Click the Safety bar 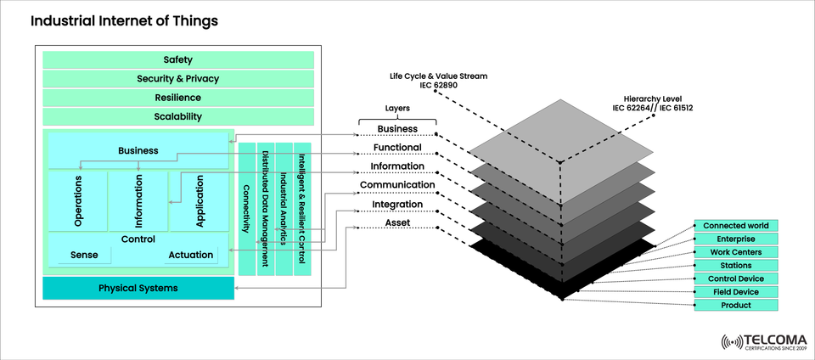(178, 59)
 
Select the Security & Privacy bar (178, 79)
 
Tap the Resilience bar (178, 98)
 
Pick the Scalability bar (178, 116)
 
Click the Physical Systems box (138, 288)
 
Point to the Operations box (78, 200)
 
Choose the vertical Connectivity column (246, 209)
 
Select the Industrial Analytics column (284, 209)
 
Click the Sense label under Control (84, 255)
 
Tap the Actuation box (191, 255)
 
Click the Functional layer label (397, 148)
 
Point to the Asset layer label (397, 222)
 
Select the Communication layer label (397, 185)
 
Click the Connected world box (736, 226)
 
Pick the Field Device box (736, 292)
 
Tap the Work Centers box (736, 252)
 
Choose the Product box (736, 306)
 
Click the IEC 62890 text (438, 86)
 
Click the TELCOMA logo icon (731, 342)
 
